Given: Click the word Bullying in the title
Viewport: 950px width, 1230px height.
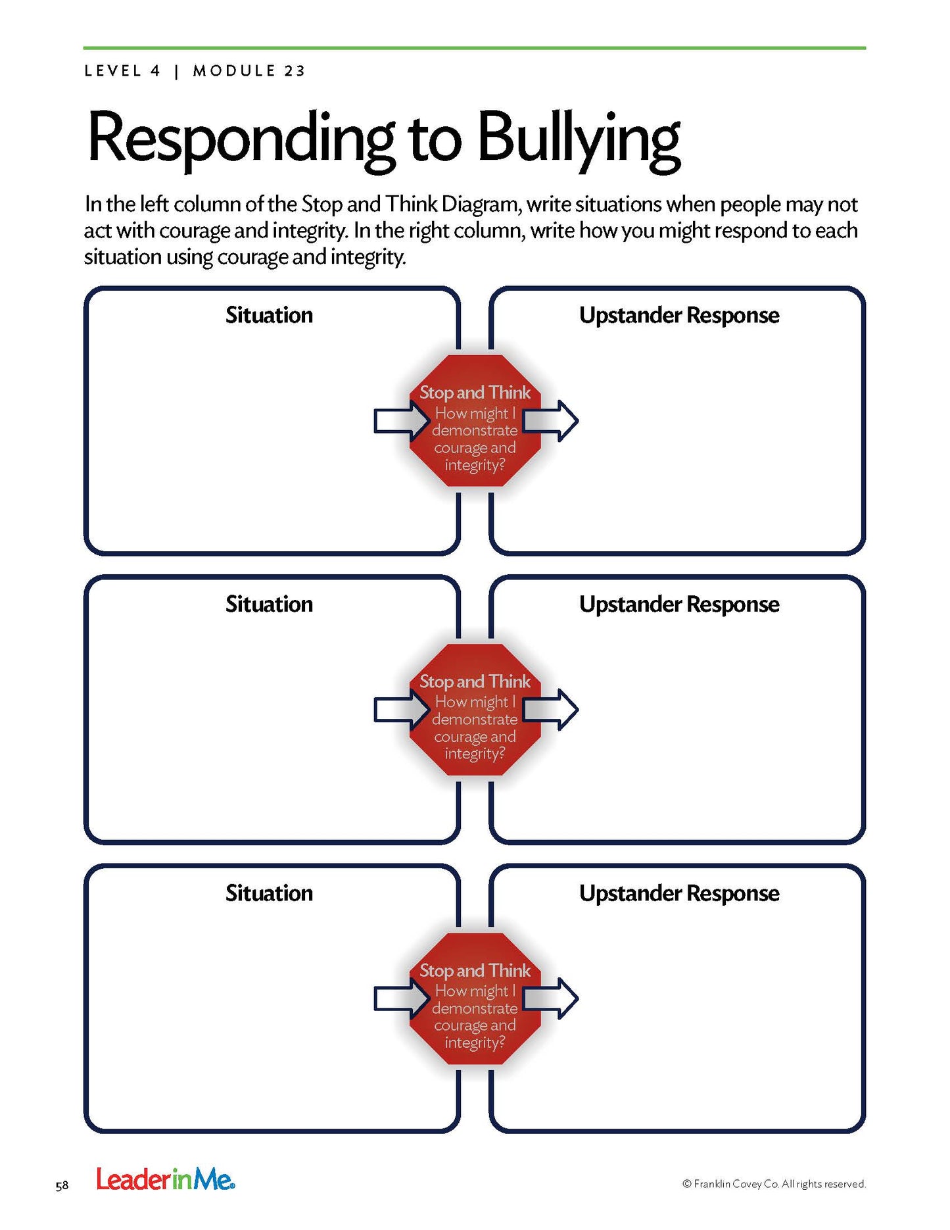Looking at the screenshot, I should (x=579, y=139).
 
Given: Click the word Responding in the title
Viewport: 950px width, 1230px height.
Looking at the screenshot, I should (x=241, y=139).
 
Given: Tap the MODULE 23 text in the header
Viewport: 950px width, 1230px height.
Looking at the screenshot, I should (x=249, y=71).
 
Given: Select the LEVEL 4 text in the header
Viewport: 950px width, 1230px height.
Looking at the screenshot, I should (x=122, y=71).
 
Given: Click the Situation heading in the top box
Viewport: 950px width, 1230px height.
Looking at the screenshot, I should (x=269, y=315).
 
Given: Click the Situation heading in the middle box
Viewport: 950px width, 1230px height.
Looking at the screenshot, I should (x=269, y=604).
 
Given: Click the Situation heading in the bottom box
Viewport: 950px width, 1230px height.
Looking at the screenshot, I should (x=269, y=893).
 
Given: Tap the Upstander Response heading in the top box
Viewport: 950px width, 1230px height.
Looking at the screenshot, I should (x=678, y=315).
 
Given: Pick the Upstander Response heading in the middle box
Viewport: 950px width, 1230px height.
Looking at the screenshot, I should (x=678, y=604).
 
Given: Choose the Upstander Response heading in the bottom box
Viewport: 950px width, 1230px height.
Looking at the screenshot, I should (x=678, y=893).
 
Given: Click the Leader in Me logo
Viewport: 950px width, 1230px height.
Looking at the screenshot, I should (x=165, y=1179).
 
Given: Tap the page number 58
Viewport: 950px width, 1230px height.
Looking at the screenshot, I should (x=62, y=1186).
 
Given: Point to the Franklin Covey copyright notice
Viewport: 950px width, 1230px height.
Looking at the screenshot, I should (x=774, y=1184).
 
